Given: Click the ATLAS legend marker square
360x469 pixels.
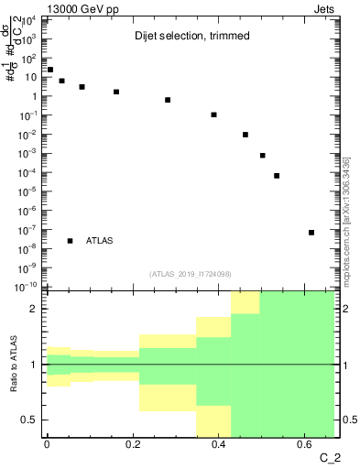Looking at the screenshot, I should coord(71,241).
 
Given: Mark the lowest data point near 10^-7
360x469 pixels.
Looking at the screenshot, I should coord(311,233).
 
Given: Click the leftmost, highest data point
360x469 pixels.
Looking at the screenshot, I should coord(50,70).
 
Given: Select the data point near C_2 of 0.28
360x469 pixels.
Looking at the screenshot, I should coord(168,100).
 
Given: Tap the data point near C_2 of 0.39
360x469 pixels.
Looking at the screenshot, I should coord(213,115).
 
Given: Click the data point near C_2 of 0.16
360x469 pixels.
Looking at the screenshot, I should coord(116,92).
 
